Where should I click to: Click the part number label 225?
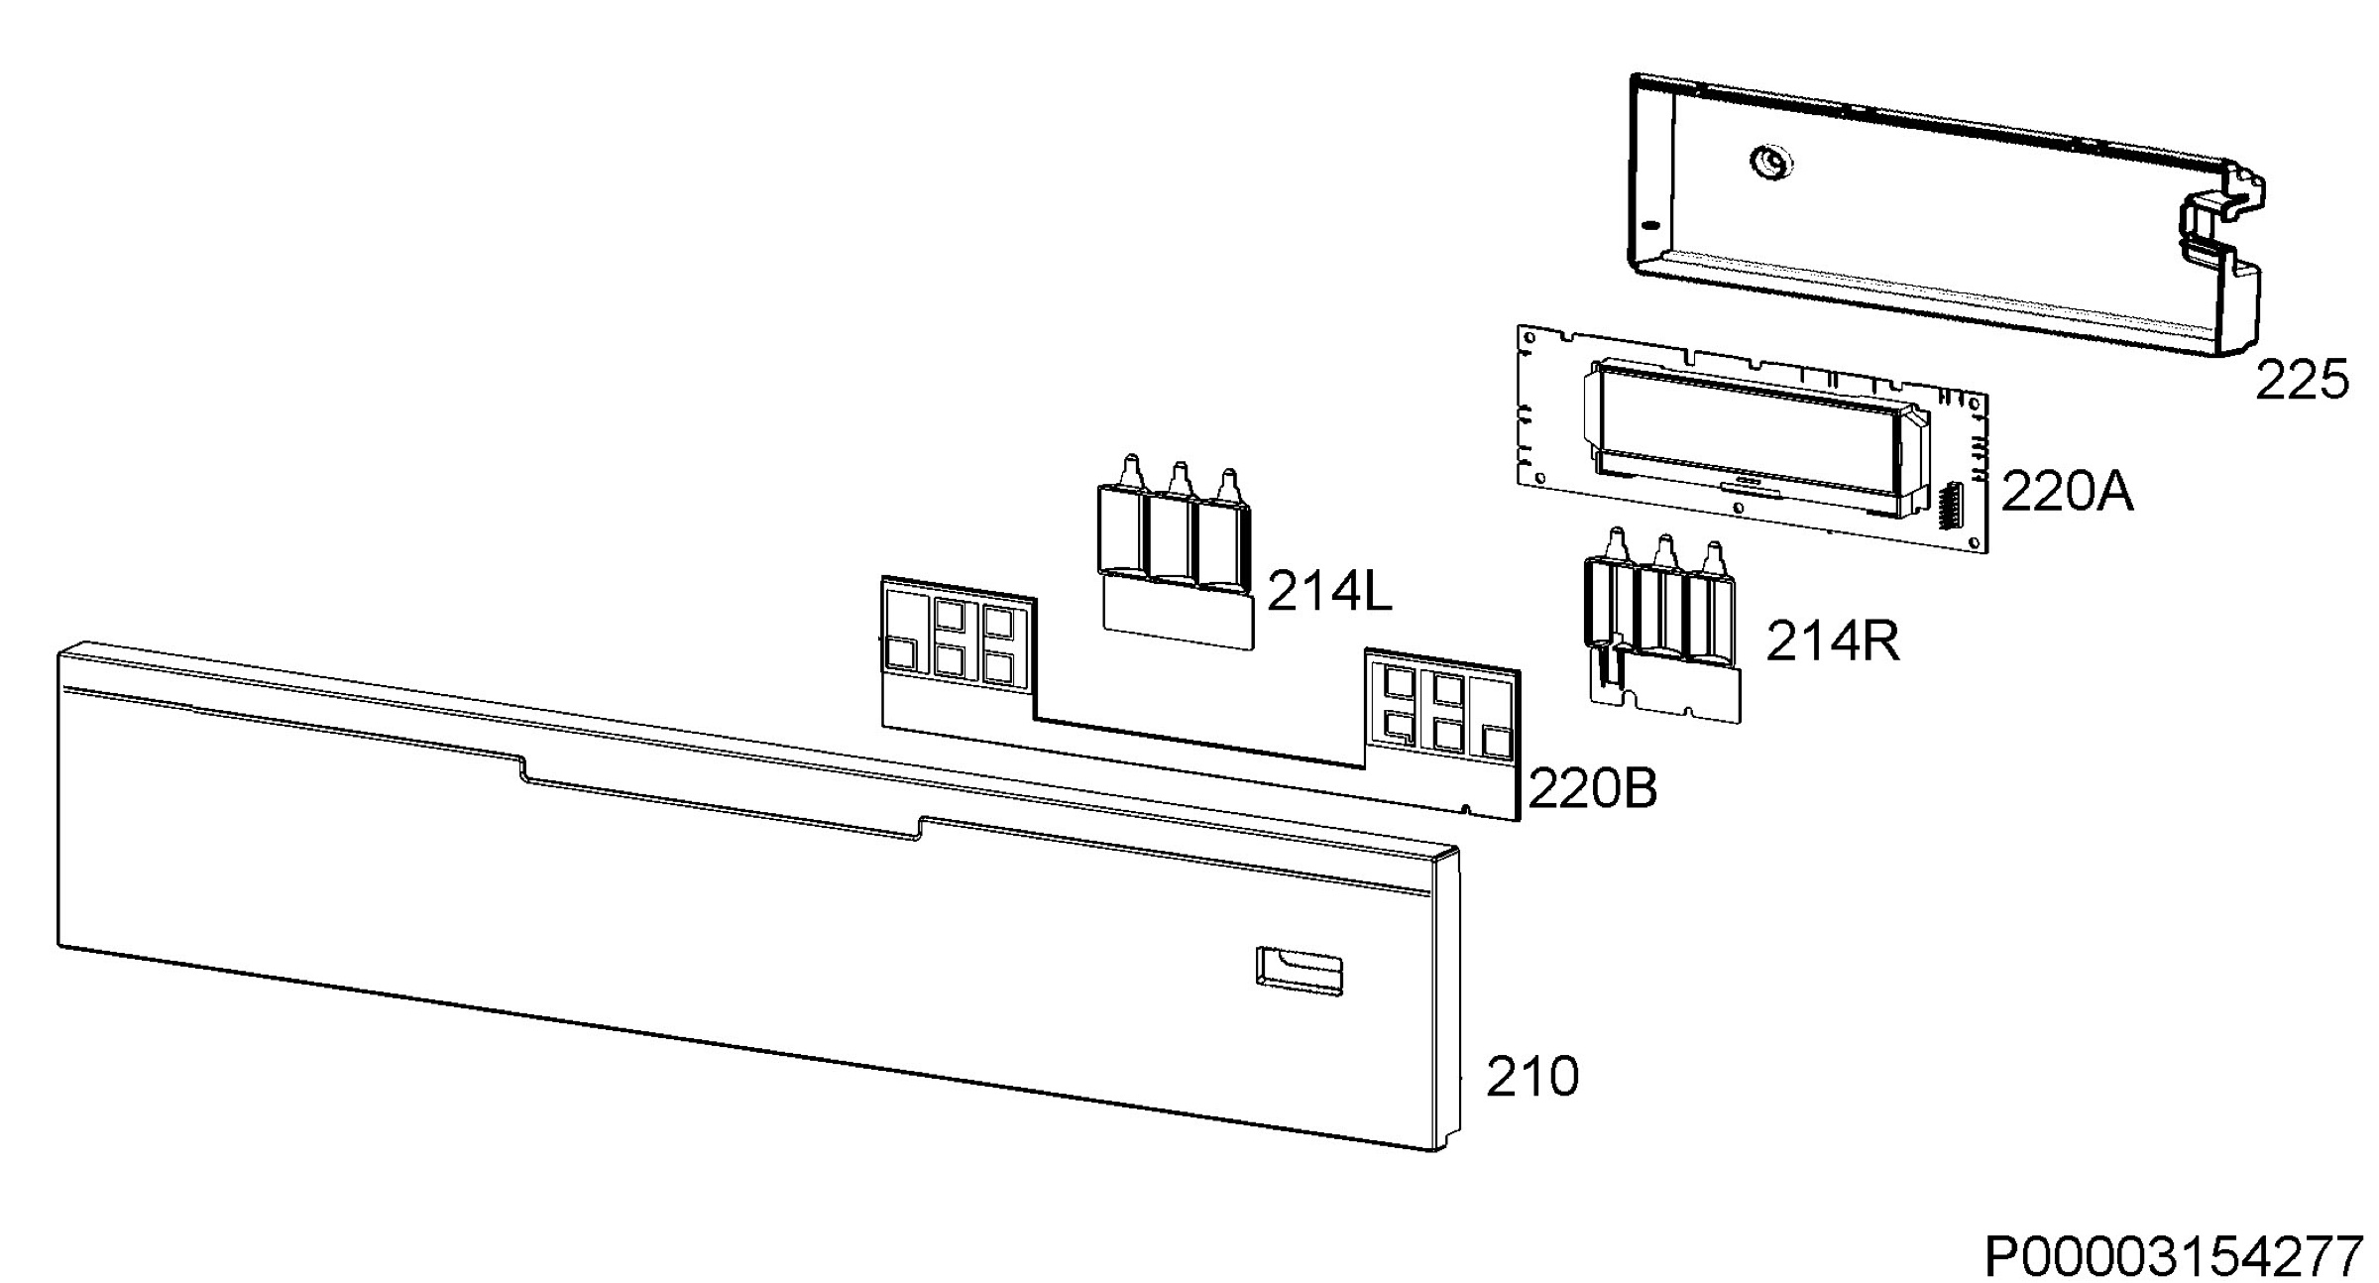pyautogui.click(x=2302, y=380)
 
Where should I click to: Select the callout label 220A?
pyautogui.click(x=2067, y=491)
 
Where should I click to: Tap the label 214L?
pyautogui.click(x=1329, y=593)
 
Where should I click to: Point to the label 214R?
pyautogui.click(x=1833, y=641)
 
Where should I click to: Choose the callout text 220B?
pyautogui.click(x=1593, y=789)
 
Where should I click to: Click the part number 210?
pyautogui.click(x=1532, y=1076)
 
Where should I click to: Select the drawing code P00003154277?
pyautogui.click(x=2174, y=1257)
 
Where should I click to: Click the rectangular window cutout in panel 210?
pyautogui.click(x=1300, y=970)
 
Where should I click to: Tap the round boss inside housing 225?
pyautogui.click(x=1771, y=162)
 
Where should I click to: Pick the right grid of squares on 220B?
pyautogui.click(x=1442, y=706)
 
